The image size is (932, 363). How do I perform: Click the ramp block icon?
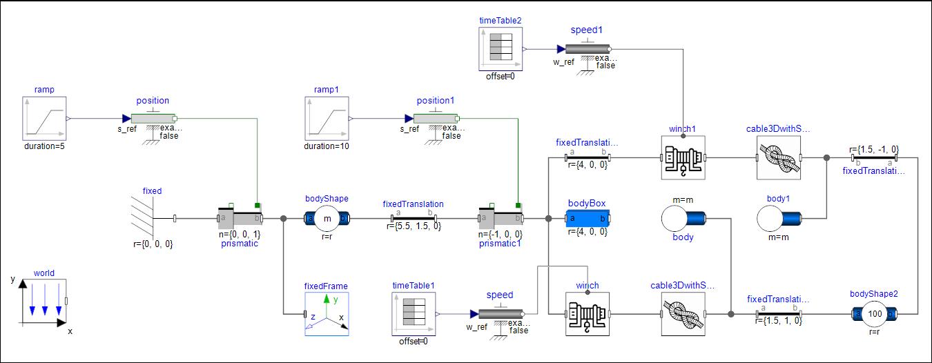[x=43, y=118]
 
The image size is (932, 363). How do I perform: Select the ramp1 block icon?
[x=327, y=118]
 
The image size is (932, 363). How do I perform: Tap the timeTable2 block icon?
[x=501, y=49]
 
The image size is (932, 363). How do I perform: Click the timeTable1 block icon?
[x=413, y=313]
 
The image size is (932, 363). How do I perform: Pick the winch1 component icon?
[x=682, y=157]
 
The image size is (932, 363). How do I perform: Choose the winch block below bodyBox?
[x=587, y=313]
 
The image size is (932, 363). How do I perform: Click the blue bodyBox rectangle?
[x=588, y=219]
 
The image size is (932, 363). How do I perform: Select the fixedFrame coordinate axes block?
[x=327, y=313]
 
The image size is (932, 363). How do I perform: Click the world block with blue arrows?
[x=43, y=301]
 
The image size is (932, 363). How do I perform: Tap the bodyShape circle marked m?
[x=327, y=219]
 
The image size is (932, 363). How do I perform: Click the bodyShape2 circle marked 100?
[x=875, y=313]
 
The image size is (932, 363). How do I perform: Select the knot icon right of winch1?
[x=778, y=157]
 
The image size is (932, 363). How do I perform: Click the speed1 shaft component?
[x=587, y=49]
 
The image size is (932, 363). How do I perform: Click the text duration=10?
[x=327, y=146]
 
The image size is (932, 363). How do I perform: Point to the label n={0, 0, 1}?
[x=240, y=234]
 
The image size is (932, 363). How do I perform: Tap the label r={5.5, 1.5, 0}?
[x=414, y=226]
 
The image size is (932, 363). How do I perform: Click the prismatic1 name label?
[x=501, y=243]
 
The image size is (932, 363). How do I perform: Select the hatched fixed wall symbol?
[x=144, y=219]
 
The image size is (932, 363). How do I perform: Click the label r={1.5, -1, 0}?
[x=875, y=148]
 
